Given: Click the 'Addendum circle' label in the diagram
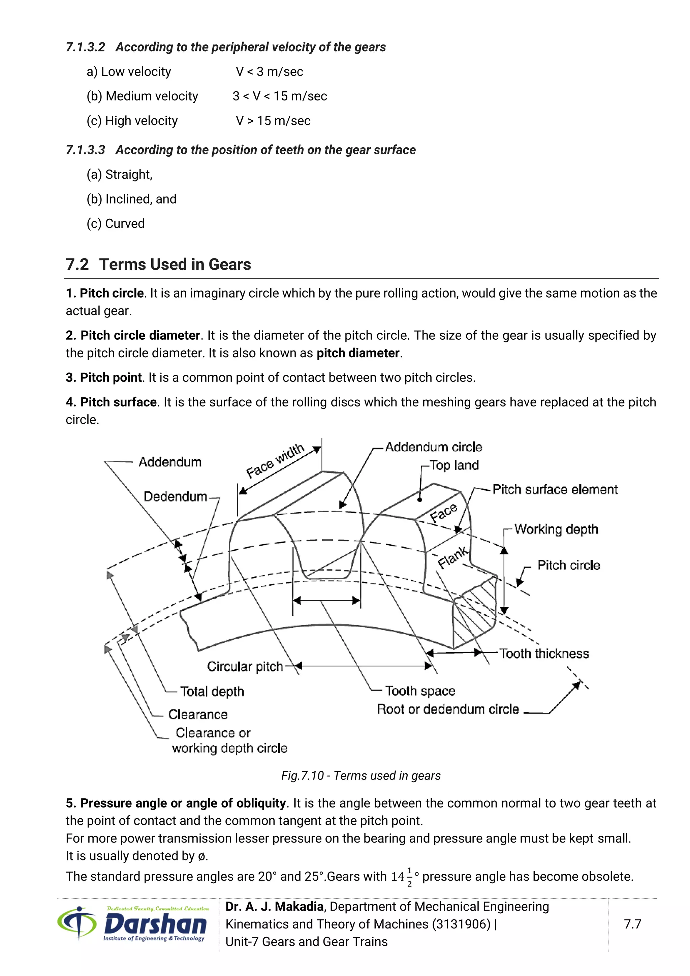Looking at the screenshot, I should (x=433, y=447).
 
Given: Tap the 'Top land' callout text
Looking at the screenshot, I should (x=454, y=465).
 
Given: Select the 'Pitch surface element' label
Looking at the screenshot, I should (x=555, y=490).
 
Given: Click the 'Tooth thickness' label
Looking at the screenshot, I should (x=544, y=653).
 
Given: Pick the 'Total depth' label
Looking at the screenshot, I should (x=212, y=691).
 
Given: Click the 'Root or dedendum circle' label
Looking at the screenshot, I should (x=448, y=709).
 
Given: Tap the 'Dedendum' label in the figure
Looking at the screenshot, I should (x=175, y=496).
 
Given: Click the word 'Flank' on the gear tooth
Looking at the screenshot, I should (x=453, y=558).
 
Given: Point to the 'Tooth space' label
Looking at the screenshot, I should (x=420, y=691).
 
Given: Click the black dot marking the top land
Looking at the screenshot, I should (x=420, y=500).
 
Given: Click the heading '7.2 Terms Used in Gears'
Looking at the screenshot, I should (x=158, y=265).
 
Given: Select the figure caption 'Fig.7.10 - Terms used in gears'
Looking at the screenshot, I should (x=361, y=776).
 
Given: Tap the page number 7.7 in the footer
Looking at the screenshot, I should (x=632, y=924).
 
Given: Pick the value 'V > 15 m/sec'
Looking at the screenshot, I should (x=273, y=121).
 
